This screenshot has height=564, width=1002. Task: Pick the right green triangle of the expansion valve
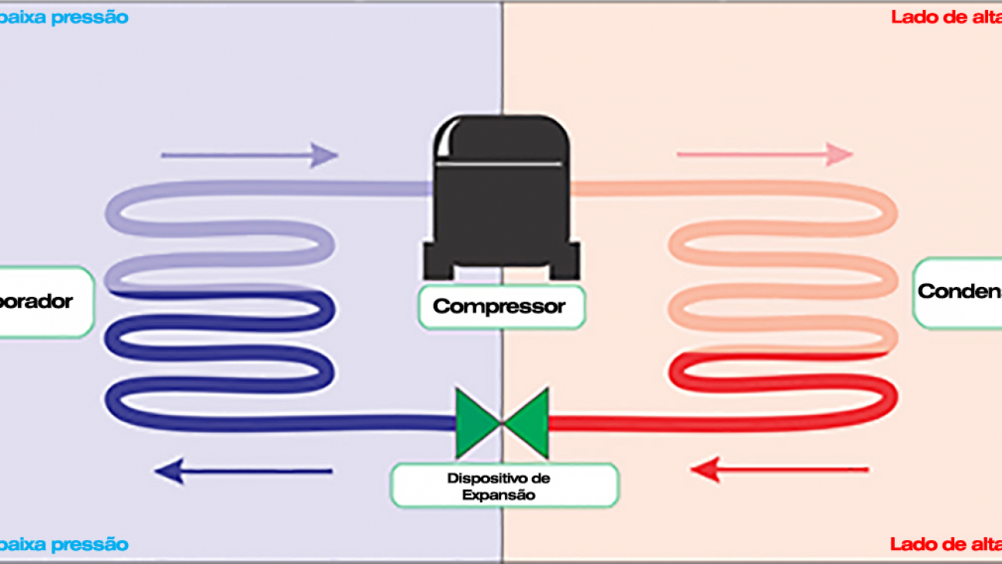click(529, 423)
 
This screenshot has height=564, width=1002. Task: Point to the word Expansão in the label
click(499, 495)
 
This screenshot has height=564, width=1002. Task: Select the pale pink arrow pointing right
click(764, 154)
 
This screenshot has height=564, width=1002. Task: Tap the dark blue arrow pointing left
click(244, 470)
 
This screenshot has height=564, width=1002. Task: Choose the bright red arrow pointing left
click(780, 468)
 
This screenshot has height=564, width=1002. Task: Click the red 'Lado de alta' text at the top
click(946, 17)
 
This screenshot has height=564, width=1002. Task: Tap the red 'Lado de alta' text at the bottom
click(946, 545)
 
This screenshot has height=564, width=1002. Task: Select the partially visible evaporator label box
click(45, 302)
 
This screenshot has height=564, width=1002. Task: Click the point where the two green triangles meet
click(503, 423)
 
